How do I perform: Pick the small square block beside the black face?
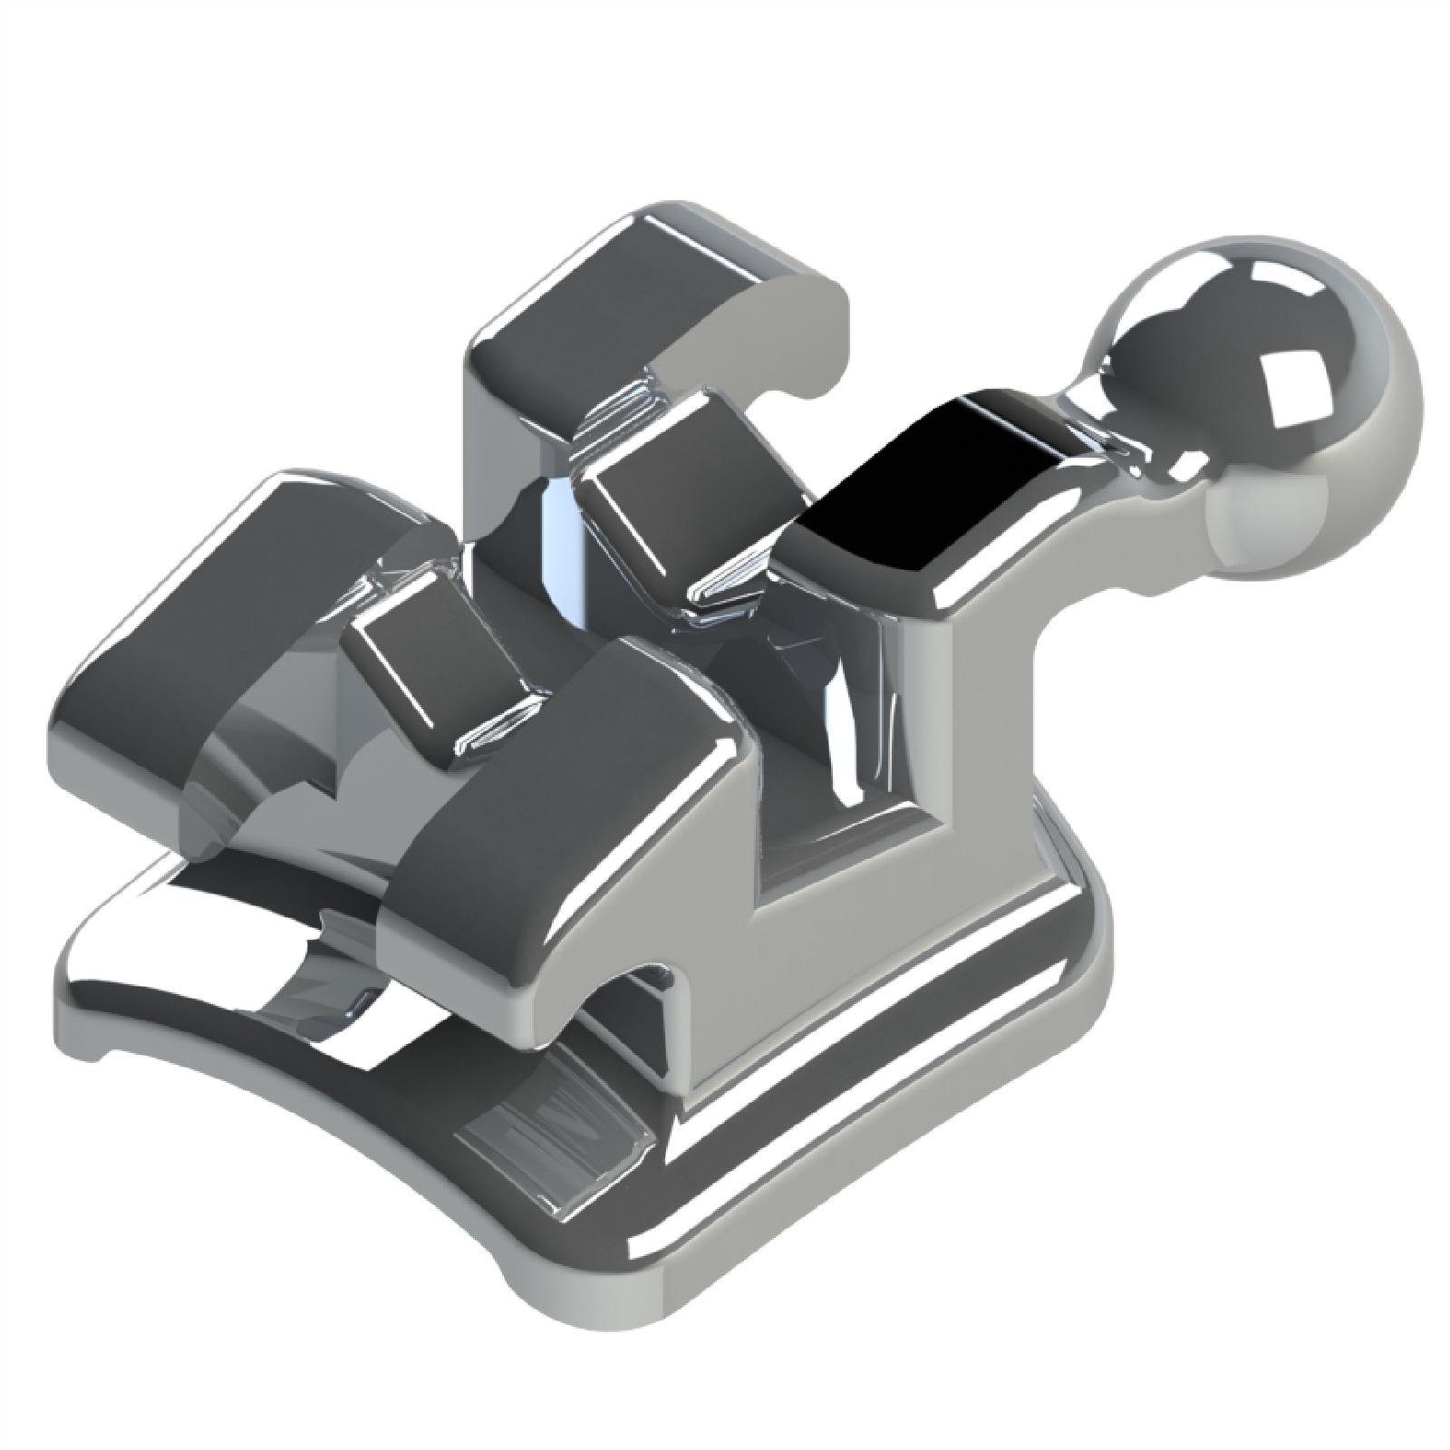671,507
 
